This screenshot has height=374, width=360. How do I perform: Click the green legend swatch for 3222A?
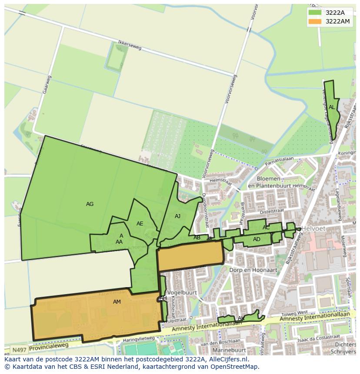pyautogui.click(x=315, y=12)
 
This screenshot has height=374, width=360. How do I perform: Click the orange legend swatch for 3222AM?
pyautogui.click(x=315, y=21)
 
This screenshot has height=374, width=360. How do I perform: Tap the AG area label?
pyautogui.click(x=90, y=204)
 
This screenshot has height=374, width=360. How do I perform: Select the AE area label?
pyautogui.click(x=140, y=224)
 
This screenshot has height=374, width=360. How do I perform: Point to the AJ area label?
pyautogui.click(x=177, y=216)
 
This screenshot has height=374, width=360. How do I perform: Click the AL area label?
pyautogui.click(x=332, y=107)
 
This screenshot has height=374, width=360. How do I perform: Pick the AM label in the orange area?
pyautogui.click(x=117, y=301)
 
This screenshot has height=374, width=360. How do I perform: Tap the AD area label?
pyautogui.click(x=257, y=239)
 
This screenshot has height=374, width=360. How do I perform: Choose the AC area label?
pyautogui.click(x=266, y=228)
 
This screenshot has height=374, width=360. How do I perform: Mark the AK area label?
pyautogui.click(x=241, y=318)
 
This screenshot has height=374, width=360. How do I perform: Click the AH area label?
pyautogui.click(x=163, y=298)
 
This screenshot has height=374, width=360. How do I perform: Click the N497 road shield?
pyautogui.click(x=19, y=350)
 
